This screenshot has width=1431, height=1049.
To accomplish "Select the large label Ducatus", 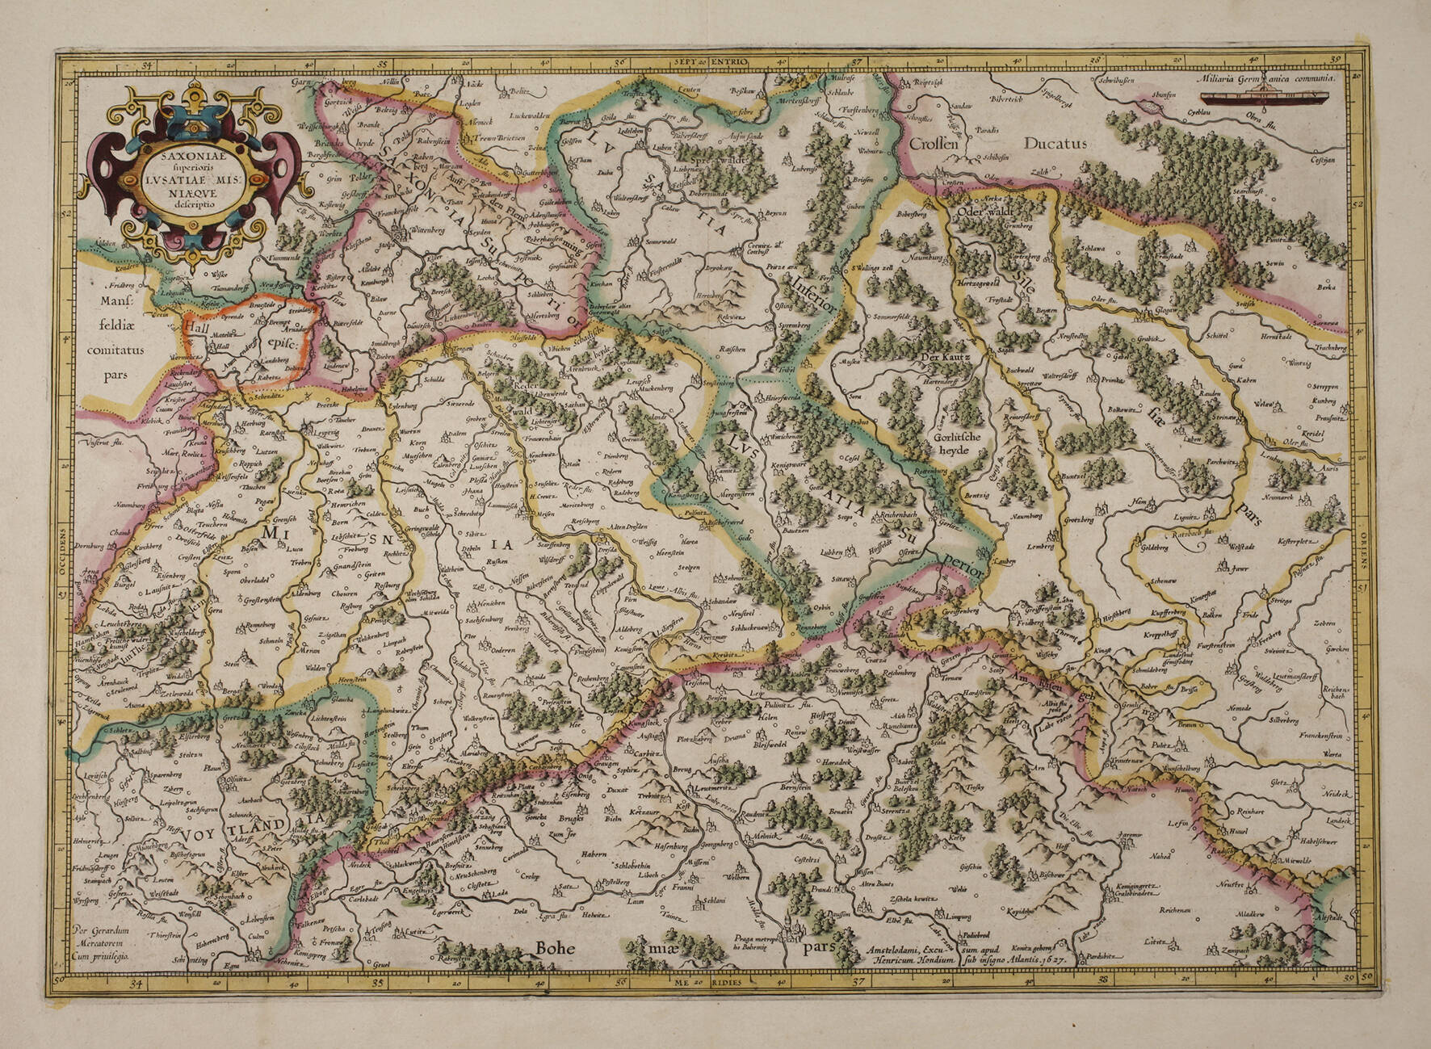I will click(x=1055, y=144).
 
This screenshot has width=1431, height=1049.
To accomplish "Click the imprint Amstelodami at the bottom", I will click(x=898, y=950).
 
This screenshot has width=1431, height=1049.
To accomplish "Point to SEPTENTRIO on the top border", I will click(x=714, y=61).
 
